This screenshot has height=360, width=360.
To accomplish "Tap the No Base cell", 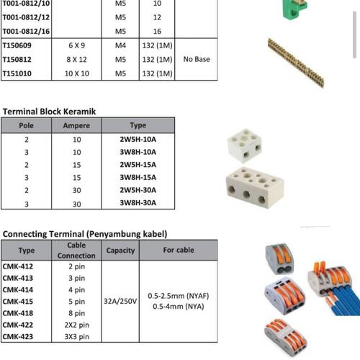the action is click(197, 59).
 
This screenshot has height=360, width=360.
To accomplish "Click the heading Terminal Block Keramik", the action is click(49, 112).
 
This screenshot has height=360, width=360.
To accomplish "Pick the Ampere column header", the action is click(77, 125).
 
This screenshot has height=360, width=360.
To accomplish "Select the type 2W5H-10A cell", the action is click(138, 139).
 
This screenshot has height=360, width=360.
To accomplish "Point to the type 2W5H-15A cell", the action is click(138, 165).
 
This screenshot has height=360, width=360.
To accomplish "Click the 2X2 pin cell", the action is click(76, 325).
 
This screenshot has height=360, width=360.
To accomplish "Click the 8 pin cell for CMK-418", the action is click(76, 313).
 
